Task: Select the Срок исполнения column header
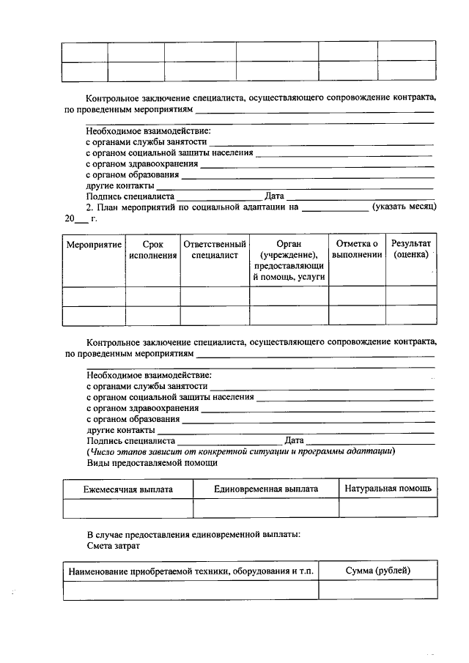[x=153, y=249]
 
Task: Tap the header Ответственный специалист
[x=215, y=249]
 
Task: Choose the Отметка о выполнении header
[x=357, y=249]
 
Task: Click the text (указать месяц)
[x=404, y=207]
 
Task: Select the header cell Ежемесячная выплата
[x=128, y=489]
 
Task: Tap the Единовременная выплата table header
[x=265, y=489]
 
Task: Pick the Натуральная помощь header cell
[x=388, y=488]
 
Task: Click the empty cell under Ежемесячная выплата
[x=128, y=508]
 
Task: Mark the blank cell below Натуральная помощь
[x=388, y=508]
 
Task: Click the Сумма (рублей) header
[x=377, y=571]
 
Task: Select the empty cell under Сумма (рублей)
[x=377, y=590]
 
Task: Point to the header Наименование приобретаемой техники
[x=191, y=571]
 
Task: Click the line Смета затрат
[x=113, y=546]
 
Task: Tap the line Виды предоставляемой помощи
[x=152, y=463]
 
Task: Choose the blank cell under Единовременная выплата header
[x=265, y=508]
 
